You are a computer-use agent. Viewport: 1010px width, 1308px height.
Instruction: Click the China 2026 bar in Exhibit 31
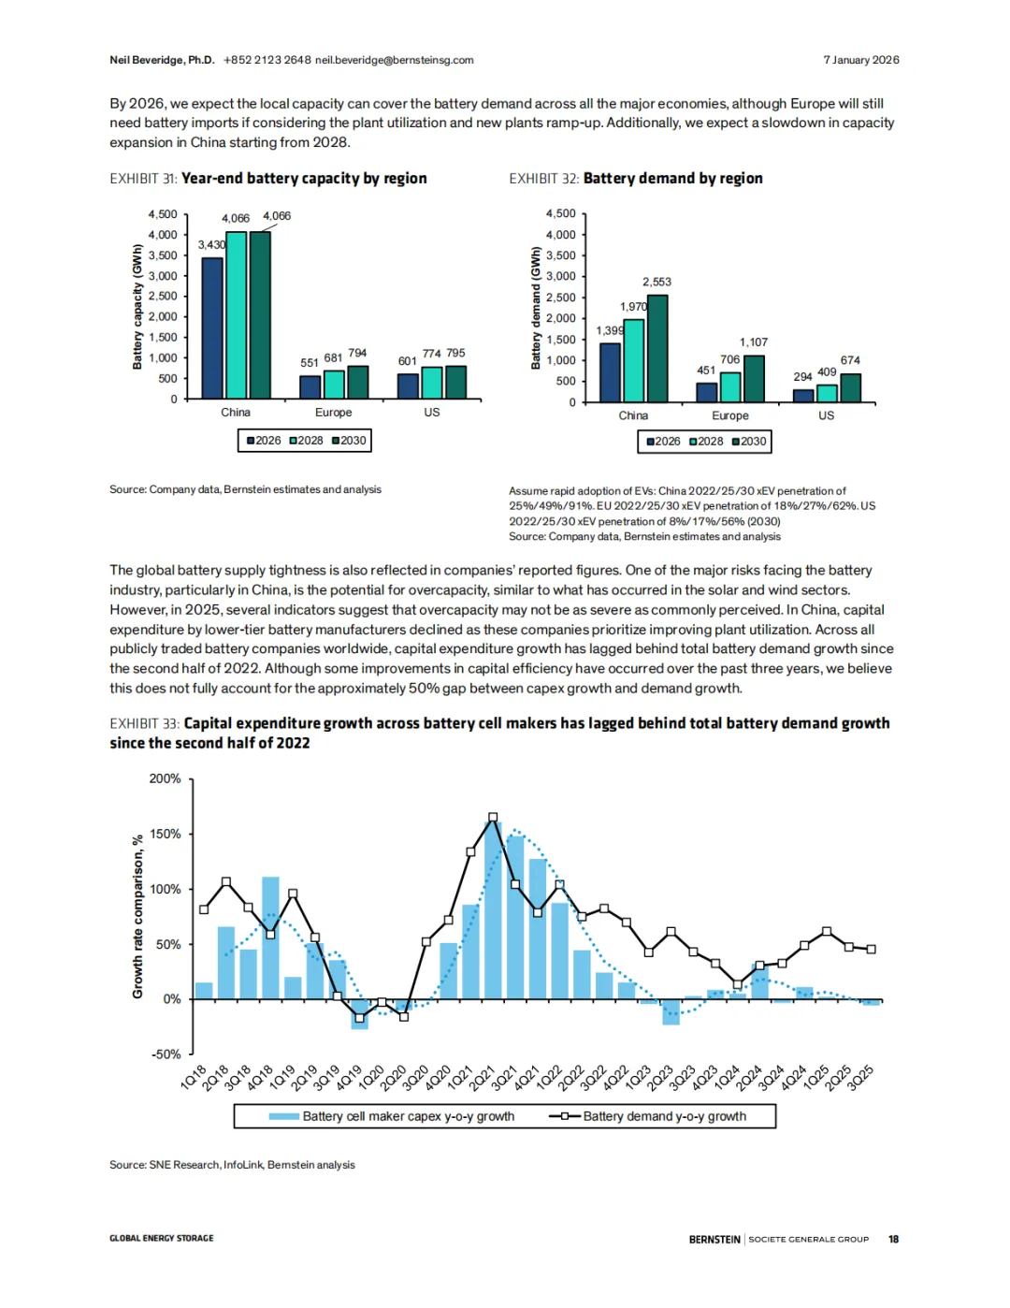point(212,327)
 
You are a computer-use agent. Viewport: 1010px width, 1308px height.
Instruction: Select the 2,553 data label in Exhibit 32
point(656,282)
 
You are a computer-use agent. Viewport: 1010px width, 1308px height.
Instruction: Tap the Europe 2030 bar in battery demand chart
point(754,379)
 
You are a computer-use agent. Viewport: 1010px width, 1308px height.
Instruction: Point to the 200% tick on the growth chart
point(166,778)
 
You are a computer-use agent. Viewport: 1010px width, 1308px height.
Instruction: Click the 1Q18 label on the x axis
point(193,1077)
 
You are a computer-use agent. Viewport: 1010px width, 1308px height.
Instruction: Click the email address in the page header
point(394,60)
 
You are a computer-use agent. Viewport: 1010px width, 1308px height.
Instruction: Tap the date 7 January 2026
point(860,60)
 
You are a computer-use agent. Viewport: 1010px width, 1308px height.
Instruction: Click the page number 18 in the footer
point(893,1239)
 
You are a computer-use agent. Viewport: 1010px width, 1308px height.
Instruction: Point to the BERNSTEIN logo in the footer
point(714,1239)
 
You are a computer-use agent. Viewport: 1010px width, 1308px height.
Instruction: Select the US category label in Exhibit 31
point(431,413)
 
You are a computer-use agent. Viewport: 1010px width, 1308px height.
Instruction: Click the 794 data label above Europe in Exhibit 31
point(357,354)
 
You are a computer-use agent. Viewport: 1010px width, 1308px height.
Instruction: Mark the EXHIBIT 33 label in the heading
point(144,723)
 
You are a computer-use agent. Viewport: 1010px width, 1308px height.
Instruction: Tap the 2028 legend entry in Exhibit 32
point(706,442)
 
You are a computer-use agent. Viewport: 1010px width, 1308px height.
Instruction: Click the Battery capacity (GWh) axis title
point(137,307)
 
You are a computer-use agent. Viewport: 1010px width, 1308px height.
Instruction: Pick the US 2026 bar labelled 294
point(803,395)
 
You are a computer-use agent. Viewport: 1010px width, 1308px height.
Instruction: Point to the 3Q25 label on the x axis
point(860,1077)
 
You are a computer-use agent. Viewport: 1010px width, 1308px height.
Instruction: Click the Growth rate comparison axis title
point(137,916)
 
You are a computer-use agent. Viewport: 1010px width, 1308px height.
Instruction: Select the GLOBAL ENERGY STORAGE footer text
point(161,1239)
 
